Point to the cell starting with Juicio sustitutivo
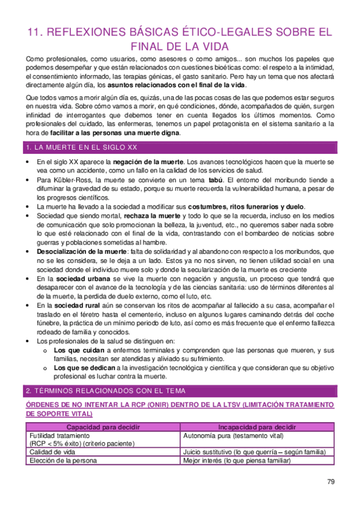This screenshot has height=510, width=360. pyautogui.click(x=254, y=452)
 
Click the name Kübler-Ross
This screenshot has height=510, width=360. pyautogui.click(x=71, y=180)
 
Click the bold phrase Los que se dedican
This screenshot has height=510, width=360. pyautogui.click(x=84, y=367)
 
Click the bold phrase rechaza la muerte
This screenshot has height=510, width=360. pyautogui.click(x=152, y=215)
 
